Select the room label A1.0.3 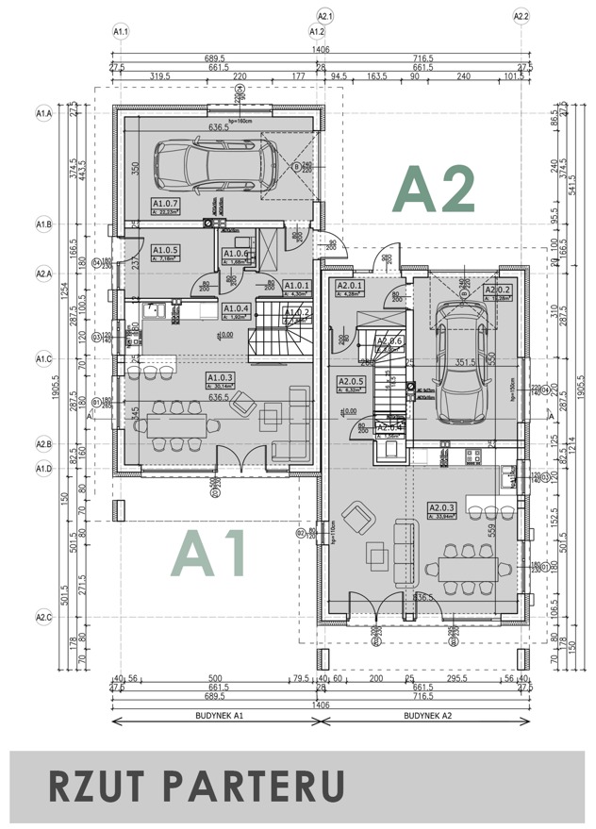tap(221, 379)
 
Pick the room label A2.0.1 tap(350, 289)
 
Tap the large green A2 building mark tap(433, 190)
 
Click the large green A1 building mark tap(210, 554)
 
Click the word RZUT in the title tap(90, 785)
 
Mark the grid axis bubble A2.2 tap(521, 16)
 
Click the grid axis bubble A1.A tap(43, 113)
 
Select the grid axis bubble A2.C tap(43, 618)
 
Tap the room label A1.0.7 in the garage tap(166, 206)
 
